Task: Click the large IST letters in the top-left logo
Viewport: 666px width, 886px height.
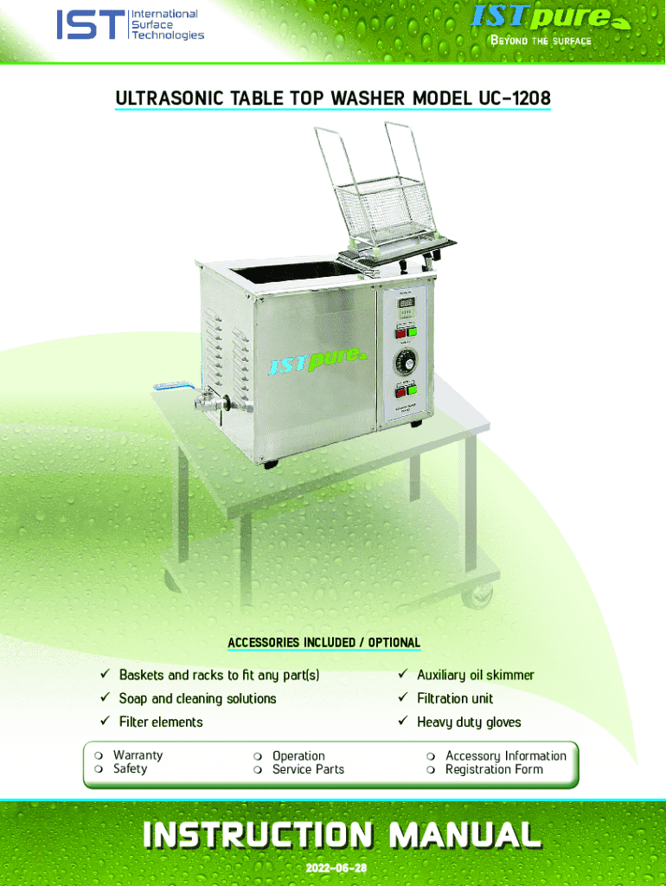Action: [x=89, y=25]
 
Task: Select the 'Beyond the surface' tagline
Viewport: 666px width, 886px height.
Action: [x=541, y=41]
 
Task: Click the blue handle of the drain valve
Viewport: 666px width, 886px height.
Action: [x=167, y=388]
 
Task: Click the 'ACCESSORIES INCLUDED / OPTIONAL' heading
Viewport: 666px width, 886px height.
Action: [x=323, y=643]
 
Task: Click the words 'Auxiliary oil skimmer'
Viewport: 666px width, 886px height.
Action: [x=475, y=675]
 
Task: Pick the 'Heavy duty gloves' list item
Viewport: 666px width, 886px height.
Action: [x=469, y=722]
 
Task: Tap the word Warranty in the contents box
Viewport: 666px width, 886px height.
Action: [x=138, y=755]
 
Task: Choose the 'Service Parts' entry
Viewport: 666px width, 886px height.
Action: [x=308, y=769]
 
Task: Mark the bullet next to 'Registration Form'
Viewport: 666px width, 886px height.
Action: [x=431, y=770]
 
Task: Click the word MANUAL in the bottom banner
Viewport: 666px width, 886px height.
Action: [x=465, y=835]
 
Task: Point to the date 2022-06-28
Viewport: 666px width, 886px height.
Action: [x=333, y=868]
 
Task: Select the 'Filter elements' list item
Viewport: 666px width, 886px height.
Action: [x=161, y=722]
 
